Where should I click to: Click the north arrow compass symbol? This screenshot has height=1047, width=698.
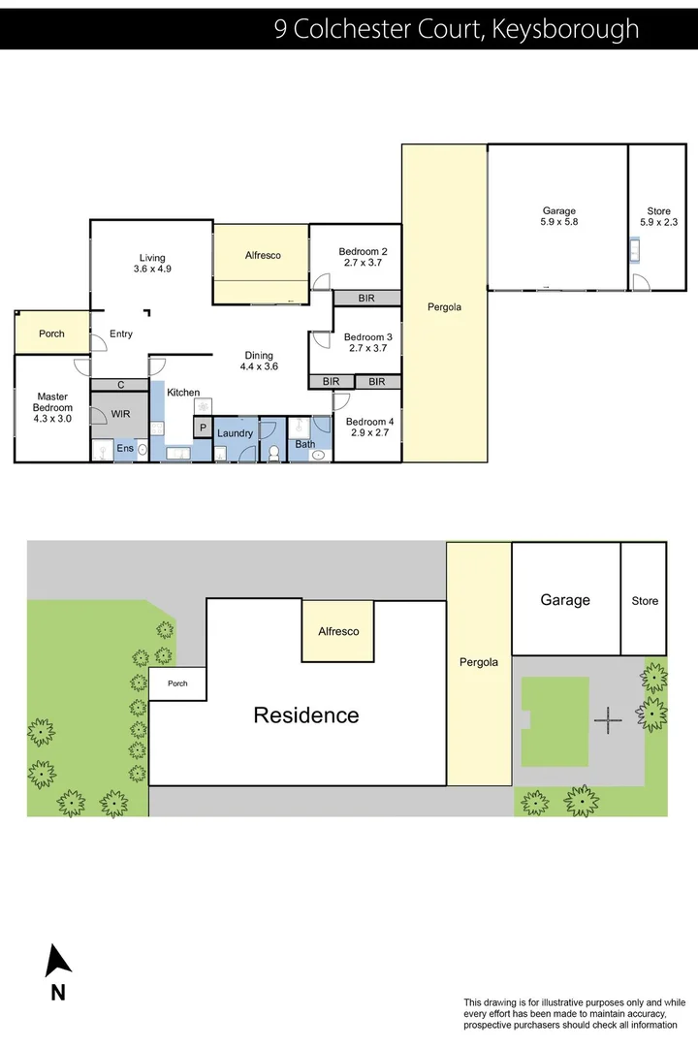[x=58, y=962]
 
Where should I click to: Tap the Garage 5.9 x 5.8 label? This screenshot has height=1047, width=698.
[x=558, y=216]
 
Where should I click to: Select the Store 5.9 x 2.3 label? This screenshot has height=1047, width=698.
[x=658, y=216]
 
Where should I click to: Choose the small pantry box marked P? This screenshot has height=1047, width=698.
[x=203, y=428]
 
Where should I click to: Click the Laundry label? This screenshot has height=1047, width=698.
[x=235, y=432]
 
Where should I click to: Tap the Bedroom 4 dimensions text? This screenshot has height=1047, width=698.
[x=368, y=433]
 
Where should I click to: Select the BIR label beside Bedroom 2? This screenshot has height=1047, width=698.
[x=366, y=299]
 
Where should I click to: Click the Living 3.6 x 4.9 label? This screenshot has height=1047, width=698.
[x=152, y=264]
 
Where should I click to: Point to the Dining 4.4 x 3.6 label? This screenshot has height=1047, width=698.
[x=259, y=361]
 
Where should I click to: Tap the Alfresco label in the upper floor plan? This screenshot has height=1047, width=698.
[x=262, y=255]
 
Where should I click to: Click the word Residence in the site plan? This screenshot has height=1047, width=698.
[x=306, y=715]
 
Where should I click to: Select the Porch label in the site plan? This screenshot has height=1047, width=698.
[x=177, y=682]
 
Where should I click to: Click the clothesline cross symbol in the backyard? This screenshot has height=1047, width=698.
[x=608, y=720]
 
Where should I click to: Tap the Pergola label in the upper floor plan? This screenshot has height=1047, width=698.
[x=444, y=307]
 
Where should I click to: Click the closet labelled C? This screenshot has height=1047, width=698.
[x=120, y=385]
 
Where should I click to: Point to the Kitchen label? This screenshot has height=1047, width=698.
[x=183, y=393]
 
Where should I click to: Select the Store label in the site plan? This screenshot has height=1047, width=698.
[x=645, y=601]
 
